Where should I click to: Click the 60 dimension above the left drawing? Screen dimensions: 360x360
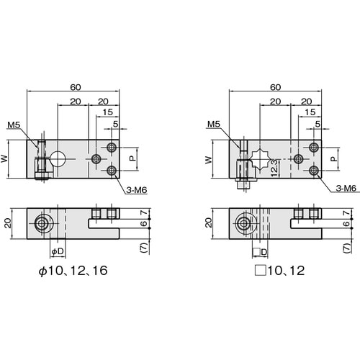[76, 87]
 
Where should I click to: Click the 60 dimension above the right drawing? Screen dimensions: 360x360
[275, 87]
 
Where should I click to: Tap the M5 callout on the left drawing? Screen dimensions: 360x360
[14, 125]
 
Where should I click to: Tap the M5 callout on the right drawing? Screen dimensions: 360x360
[214, 124]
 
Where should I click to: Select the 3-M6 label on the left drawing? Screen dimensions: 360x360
[137, 190]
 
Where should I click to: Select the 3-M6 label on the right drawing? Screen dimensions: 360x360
[346, 189]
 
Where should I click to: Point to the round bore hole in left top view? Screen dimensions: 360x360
[58, 159]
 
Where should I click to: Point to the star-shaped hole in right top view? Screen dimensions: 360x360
[260, 159]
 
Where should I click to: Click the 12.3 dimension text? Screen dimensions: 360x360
[274, 168]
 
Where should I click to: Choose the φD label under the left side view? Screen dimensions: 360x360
[58, 251]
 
